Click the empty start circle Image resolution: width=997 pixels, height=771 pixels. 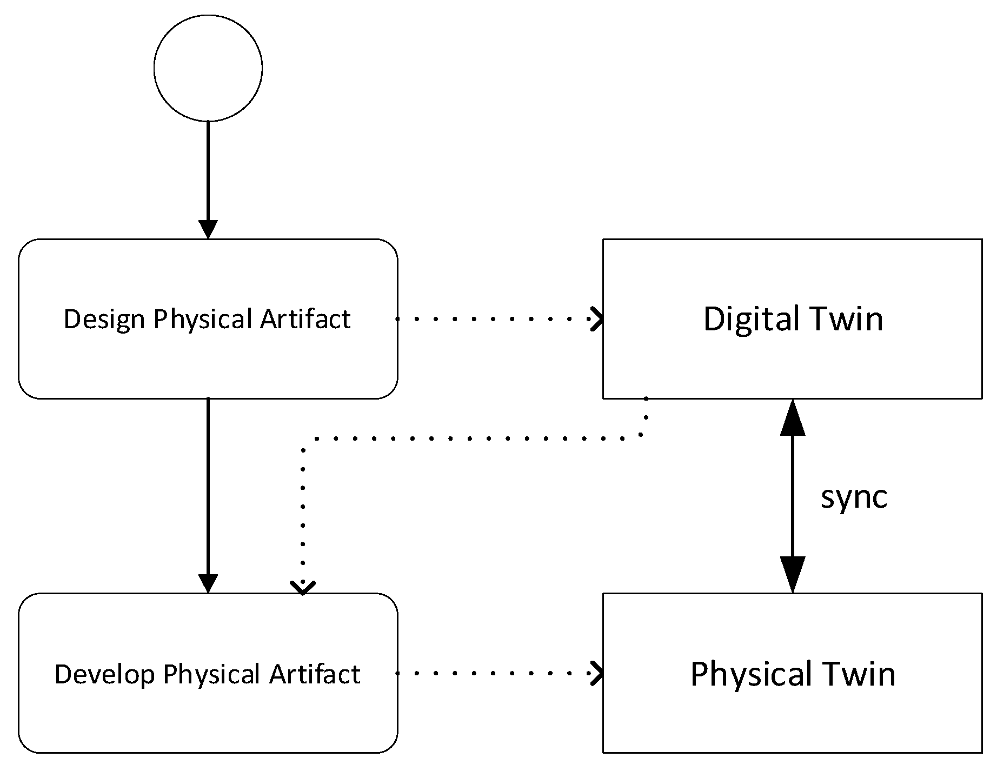208,68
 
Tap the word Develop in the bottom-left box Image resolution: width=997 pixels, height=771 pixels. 104,674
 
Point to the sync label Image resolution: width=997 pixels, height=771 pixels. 854,497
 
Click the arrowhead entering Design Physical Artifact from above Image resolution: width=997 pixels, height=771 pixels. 208,230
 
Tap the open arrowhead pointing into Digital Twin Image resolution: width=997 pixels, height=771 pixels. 596,319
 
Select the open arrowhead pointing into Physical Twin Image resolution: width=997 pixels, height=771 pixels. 596,674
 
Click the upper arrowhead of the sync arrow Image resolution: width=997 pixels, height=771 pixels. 793,417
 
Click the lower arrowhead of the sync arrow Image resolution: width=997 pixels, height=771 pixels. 793,575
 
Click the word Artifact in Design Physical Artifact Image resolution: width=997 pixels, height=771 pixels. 305,319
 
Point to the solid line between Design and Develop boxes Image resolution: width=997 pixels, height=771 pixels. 208,487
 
